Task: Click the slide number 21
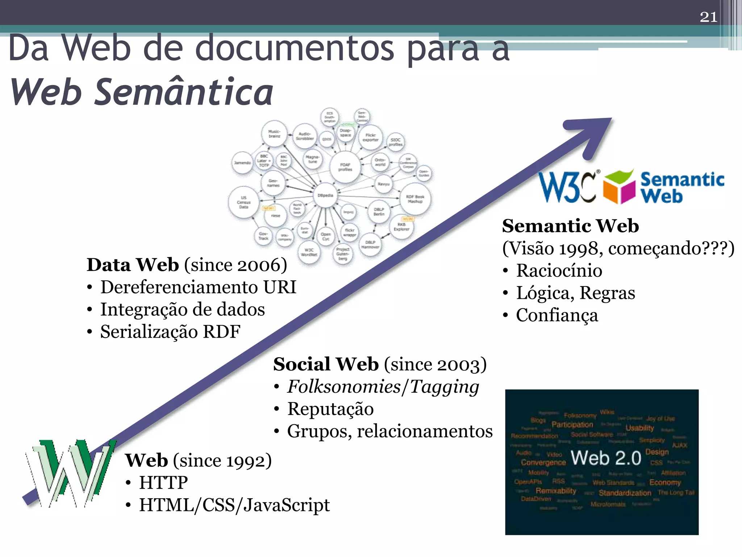coord(708,17)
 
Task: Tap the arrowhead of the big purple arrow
coord(594,134)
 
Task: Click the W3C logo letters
coord(567,187)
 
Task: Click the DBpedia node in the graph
coord(325,195)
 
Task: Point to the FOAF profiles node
coord(345,167)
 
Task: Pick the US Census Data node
coord(243,202)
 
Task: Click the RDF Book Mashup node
coord(415,199)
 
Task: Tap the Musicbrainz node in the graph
coord(274,134)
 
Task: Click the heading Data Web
coord(133,265)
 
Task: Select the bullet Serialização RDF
coord(170,332)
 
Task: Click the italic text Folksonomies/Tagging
coord(383,387)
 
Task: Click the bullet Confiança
coord(557,315)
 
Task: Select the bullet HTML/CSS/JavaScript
coord(234,505)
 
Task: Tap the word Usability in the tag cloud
coord(639,428)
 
